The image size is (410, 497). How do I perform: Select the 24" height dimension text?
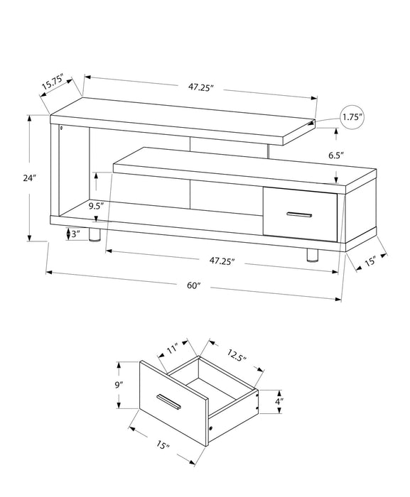[28, 179]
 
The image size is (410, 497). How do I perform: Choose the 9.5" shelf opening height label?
[97, 206]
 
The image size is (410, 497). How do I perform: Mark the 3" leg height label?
[73, 234]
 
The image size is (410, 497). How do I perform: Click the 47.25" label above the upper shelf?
[201, 87]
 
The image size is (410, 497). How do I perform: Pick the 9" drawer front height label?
[120, 384]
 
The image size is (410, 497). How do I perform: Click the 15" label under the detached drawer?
[163, 447]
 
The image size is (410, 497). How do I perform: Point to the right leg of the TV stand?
[311, 254]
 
